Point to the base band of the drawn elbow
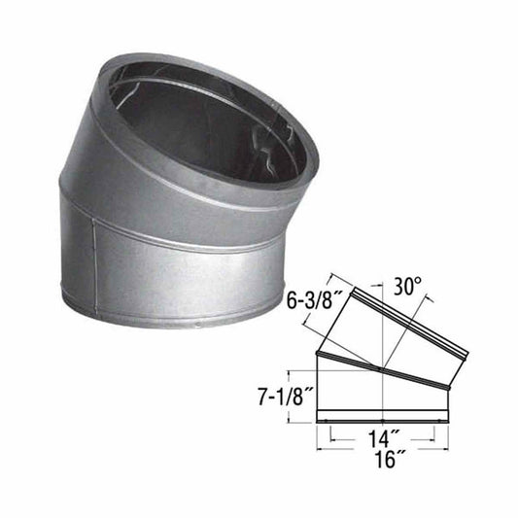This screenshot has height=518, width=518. tap(385, 420)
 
